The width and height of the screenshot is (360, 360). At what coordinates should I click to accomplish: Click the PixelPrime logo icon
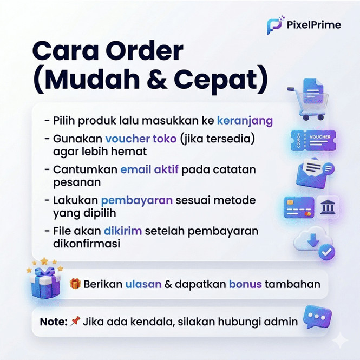[275, 25]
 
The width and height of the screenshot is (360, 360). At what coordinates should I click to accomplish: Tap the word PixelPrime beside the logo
[314, 25]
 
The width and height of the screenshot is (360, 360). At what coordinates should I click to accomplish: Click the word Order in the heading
[144, 51]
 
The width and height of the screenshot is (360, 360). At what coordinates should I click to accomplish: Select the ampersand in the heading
[157, 80]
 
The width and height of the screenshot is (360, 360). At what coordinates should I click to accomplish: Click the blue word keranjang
[245, 121]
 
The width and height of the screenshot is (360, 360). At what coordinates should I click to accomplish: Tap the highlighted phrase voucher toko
[141, 139]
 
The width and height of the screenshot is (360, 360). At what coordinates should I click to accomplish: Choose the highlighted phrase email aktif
[149, 169]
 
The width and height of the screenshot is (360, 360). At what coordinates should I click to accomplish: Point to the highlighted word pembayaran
[137, 201]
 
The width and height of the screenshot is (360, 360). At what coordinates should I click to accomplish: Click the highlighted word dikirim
[123, 231]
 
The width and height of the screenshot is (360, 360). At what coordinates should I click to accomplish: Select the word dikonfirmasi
[87, 244]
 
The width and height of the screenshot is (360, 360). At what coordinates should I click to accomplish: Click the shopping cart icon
[308, 99]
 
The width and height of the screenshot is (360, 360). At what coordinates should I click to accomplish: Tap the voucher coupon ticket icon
[313, 140]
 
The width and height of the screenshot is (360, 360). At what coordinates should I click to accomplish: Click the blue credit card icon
[299, 207]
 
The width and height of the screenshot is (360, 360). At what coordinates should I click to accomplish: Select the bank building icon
[328, 207]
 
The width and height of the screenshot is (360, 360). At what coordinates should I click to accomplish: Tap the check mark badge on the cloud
[326, 252]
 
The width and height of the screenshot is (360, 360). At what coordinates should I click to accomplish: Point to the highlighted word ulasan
[143, 284]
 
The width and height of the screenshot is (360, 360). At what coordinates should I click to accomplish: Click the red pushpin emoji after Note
[75, 321]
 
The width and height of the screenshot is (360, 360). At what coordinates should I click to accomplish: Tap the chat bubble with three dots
[317, 317]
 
